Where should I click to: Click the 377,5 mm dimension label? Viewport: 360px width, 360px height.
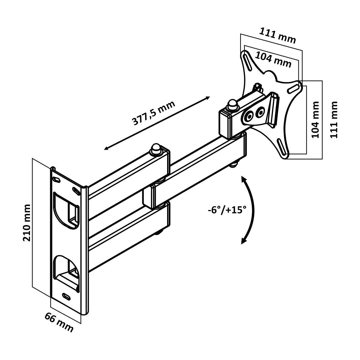(x=154, y=113)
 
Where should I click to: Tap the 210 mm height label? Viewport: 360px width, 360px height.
(x=27, y=223)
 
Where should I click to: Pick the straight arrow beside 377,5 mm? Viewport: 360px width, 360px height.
(x=157, y=123)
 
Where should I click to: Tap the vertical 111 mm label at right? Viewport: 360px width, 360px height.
(x=334, y=119)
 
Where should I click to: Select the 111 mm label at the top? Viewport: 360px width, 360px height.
(x=277, y=35)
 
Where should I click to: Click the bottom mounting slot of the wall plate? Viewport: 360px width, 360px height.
(x=66, y=295)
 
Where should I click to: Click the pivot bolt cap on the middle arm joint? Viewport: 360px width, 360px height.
(x=156, y=149)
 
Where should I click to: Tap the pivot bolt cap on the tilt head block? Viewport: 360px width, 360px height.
(x=232, y=105)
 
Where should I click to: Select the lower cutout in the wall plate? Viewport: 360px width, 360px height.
(x=66, y=268)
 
